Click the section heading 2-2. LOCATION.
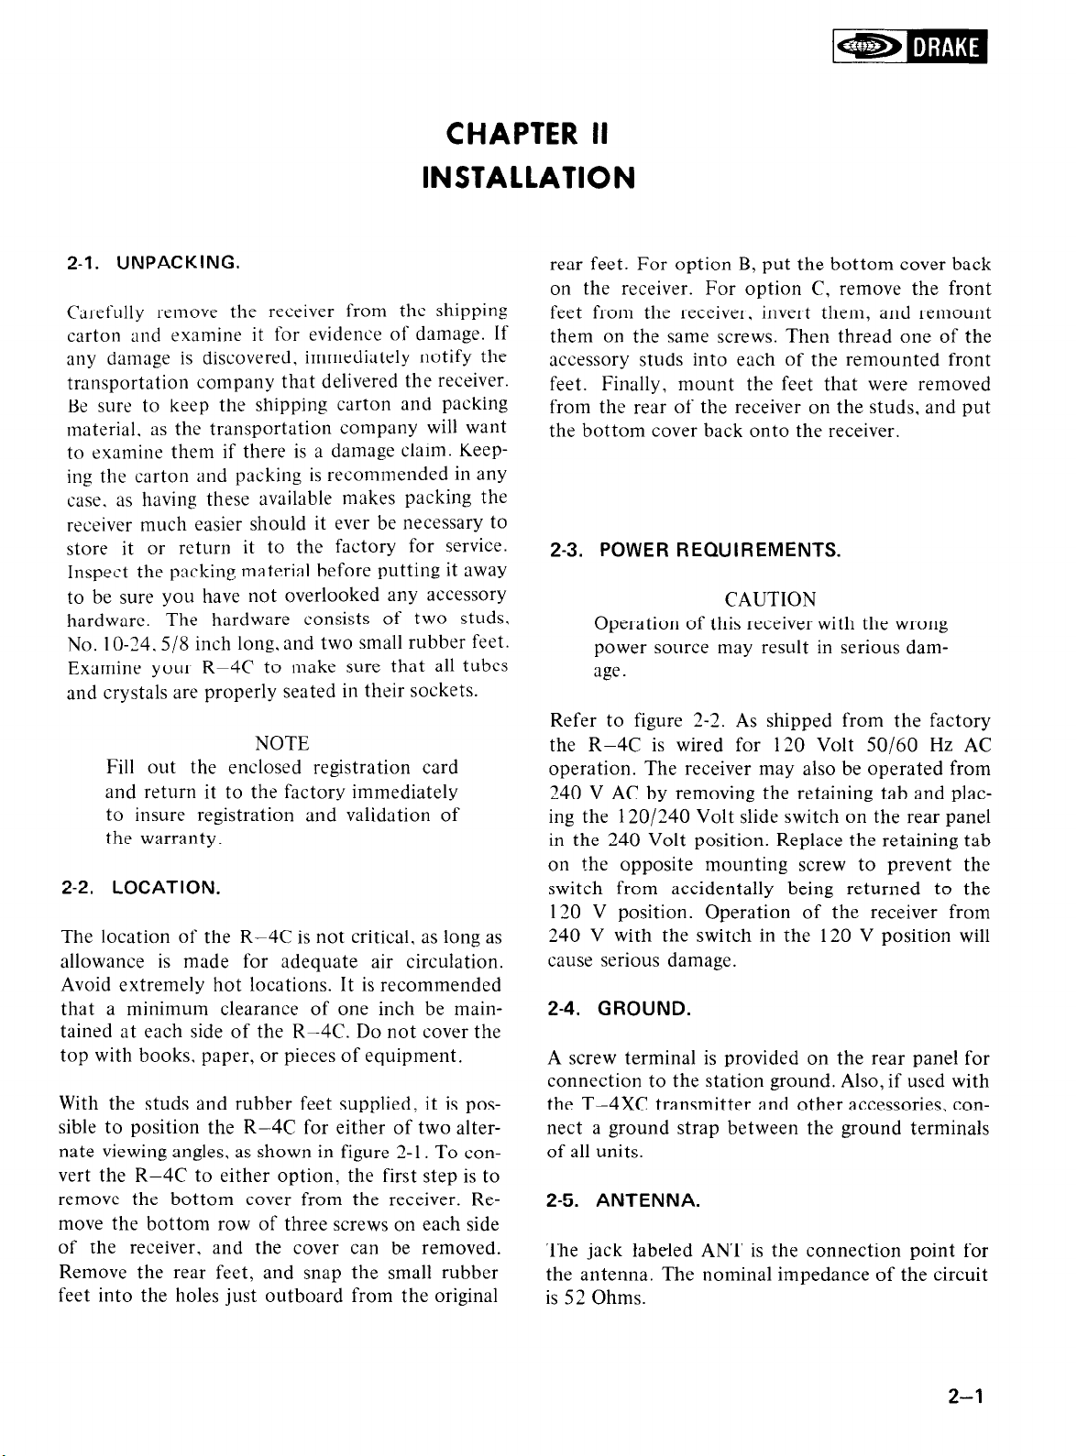[140, 887]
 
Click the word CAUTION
[770, 600]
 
